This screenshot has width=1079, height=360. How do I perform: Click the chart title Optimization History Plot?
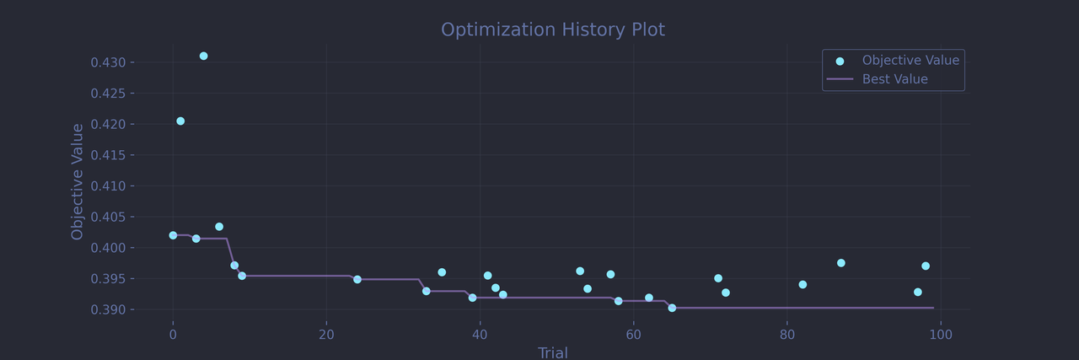(553, 30)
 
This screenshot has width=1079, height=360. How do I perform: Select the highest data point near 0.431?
(203, 56)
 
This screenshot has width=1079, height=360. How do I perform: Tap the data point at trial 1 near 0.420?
(180, 121)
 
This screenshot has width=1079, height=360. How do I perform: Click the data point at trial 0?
(173, 235)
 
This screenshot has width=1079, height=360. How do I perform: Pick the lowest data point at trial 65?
(672, 308)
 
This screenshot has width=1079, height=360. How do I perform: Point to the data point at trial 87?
(840, 263)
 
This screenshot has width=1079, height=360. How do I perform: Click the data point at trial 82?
(803, 284)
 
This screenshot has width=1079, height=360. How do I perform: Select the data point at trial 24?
(357, 279)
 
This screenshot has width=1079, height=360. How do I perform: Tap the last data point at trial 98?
(926, 266)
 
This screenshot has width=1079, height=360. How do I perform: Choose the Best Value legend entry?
(894, 79)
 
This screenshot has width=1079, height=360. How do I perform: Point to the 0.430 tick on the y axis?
(108, 62)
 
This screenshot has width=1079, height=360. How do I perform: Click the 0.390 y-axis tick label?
(108, 309)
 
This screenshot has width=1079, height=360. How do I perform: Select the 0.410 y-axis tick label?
(108, 186)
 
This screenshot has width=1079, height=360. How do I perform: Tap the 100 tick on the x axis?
(940, 335)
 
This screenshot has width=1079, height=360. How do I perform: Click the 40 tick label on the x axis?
(480, 335)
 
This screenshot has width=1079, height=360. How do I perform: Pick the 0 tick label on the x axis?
(173, 335)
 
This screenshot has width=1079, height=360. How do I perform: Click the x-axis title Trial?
(553, 352)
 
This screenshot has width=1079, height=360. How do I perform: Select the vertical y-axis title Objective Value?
(78, 181)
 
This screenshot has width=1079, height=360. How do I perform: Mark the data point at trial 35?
(442, 272)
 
